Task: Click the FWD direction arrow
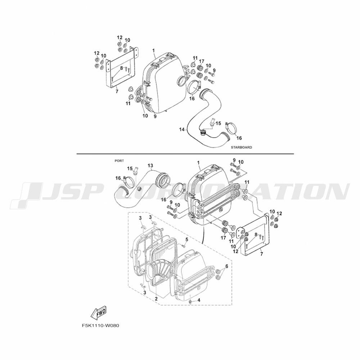coord(99,312)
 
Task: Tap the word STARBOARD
coord(241,147)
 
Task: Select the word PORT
coord(119,161)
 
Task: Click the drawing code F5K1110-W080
coord(100,325)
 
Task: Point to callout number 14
coord(182,130)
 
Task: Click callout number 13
coord(150,166)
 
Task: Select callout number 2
coord(156,299)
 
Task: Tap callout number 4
coord(199,300)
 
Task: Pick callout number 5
coord(186,239)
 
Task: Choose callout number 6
coord(226,266)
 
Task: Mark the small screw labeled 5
coord(183,246)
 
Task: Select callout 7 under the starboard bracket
coord(117,91)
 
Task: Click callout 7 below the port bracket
coord(261,254)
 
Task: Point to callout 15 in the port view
coord(130,168)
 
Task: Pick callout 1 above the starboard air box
coord(154,50)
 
